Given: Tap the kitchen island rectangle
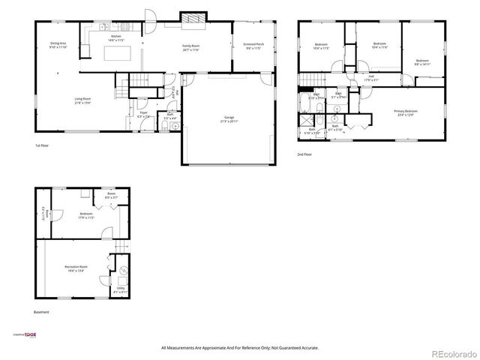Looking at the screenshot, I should (x=117, y=54).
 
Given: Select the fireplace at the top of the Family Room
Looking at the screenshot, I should (x=192, y=18).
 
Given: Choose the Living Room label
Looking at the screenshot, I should (x=82, y=100).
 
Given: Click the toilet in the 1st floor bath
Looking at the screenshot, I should (x=174, y=126).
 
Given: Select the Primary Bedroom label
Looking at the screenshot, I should (x=405, y=112).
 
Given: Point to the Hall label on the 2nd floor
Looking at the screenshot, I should (x=371, y=78).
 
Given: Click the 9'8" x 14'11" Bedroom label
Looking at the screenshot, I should (x=422, y=62).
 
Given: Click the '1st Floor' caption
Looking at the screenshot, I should (x=43, y=145).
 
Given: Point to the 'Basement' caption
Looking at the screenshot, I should (x=41, y=312).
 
